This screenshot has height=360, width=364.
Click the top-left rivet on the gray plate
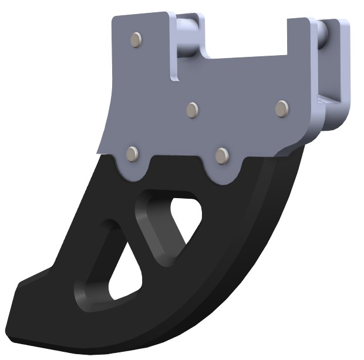click(136, 39)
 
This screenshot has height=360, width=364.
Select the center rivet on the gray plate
click(193, 110)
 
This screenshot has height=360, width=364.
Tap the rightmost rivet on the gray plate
click(282, 108)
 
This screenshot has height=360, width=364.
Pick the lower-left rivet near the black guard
click(133, 154)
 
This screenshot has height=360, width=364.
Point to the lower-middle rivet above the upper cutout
click(221, 155)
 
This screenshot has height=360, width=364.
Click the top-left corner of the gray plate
click(114, 18)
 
